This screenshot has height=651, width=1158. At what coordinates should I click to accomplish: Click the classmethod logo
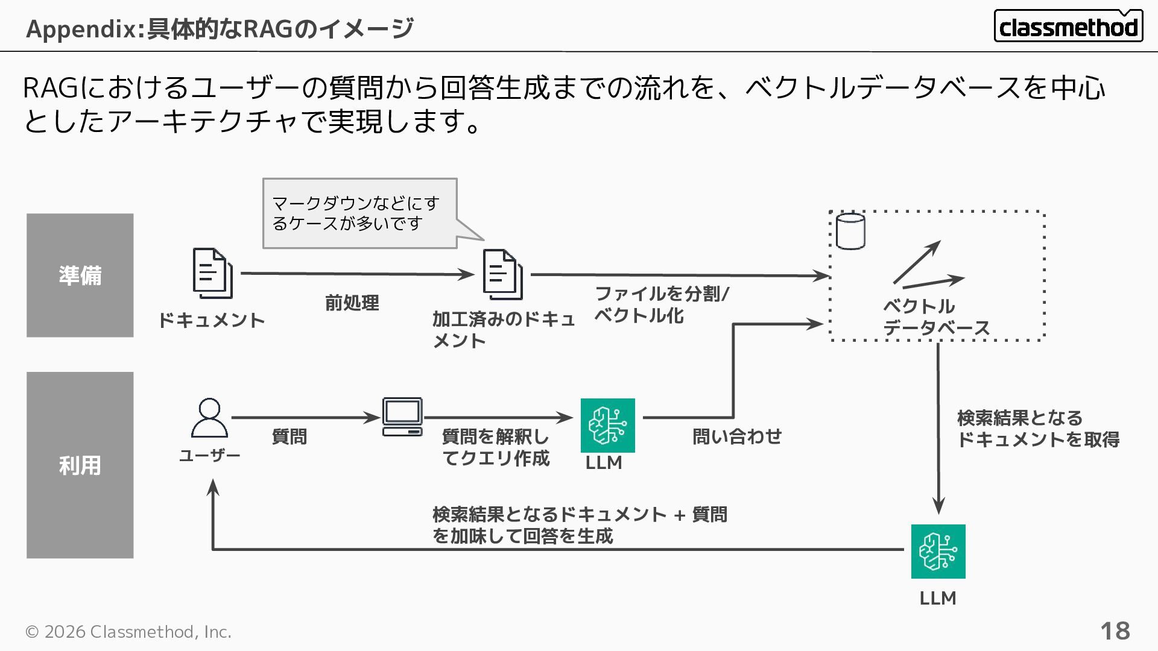click(1068, 26)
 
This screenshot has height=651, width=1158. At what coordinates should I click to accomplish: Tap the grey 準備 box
click(80, 275)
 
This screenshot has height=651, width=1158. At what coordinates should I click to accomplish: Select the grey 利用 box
click(80, 465)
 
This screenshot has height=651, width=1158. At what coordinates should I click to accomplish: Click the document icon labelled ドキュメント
click(212, 274)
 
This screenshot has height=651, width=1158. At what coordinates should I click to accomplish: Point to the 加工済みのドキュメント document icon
click(502, 275)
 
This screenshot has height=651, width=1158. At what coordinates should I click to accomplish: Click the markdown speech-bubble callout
click(359, 213)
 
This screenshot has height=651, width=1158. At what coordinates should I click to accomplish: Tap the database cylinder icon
click(850, 231)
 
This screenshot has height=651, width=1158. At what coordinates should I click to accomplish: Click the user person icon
click(209, 417)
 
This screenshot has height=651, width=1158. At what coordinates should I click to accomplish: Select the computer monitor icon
click(402, 417)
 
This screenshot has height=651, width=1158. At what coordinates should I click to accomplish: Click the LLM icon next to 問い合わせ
click(607, 425)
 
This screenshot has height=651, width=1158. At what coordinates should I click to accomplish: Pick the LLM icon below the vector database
click(938, 551)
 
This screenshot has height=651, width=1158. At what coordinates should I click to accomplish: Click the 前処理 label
click(352, 303)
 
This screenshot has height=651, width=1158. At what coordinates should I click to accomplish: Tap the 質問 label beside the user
click(289, 436)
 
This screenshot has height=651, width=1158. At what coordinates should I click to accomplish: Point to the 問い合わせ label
click(736, 436)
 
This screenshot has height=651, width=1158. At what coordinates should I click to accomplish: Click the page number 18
click(1115, 631)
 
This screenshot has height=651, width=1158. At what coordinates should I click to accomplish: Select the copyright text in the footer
click(128, 632)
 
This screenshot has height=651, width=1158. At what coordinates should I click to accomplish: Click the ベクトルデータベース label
click(936, 317)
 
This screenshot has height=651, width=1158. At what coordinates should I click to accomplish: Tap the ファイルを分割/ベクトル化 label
click(662, 304)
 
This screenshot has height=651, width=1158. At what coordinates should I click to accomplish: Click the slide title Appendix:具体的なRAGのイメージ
click(220, 28)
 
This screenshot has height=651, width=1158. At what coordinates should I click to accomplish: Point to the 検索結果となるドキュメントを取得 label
click(1037, 429)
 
